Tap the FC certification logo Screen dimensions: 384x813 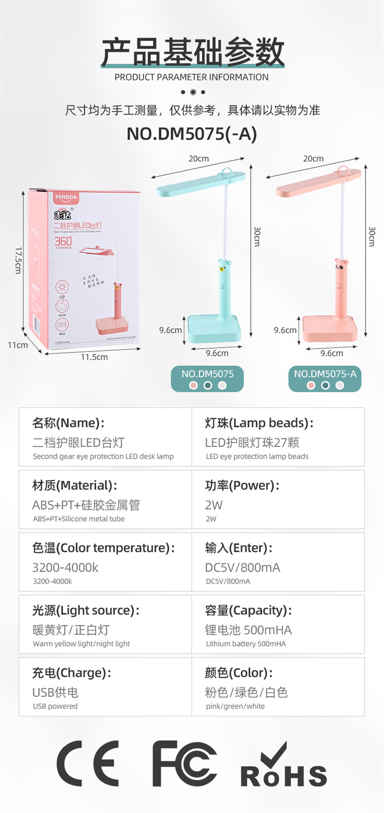[x=184, y=763]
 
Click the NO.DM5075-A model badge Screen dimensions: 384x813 [x=325, y=374]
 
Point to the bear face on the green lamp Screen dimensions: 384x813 [x=224, y=266]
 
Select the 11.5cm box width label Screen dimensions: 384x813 [x=94, y=357]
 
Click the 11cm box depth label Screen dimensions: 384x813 [x=17, y=345]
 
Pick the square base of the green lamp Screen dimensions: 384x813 [x=214, y=328]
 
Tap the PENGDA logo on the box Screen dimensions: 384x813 [x=66, y=197]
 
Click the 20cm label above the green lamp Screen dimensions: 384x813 [x=198, y=159]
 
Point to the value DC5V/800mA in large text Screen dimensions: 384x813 [x=243, y=567]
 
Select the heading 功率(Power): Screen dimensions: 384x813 [x=242, y=485]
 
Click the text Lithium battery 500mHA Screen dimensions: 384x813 [x=245, y=644]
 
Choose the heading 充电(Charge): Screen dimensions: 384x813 [x=71, y=672]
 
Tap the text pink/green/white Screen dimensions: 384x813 [x=235, y=706]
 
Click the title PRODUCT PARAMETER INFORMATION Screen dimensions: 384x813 [x=192, y=77]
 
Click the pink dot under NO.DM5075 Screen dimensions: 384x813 [x=193, y=386]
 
